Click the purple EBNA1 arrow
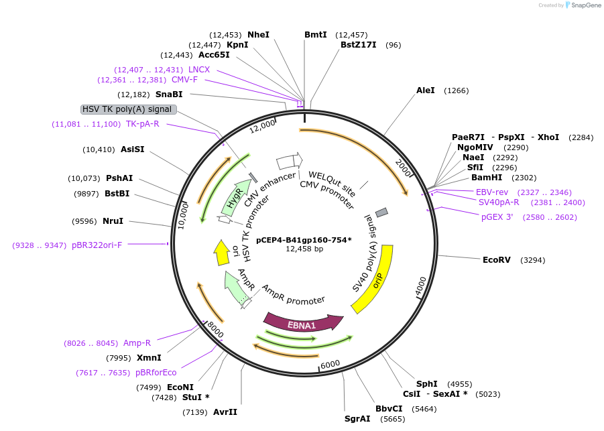pyautogui.click(x=302, y=323)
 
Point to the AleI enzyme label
pyautogui.click(x=425, y=90)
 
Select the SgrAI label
pyautogui.click(x=357, y=419)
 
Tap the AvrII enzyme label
pyautogui.click(x=225, y=412)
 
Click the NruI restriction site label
pyautogui.click(x=113, y=221)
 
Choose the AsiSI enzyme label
pyautogui.click(x=132, y=149)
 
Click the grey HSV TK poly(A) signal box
pyautogui.click(x=128, y=109)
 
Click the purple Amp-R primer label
pyautogui.click(x=137, y=343)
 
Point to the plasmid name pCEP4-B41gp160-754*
pyautogui.click(x=304, y=239)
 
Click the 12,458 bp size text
pyautogui.click(x=304, y=249)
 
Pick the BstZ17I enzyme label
pyautogui.click(x=358, y=45)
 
